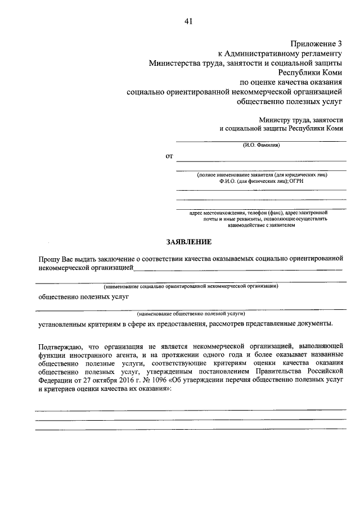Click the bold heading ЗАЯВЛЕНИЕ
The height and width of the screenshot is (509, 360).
188,242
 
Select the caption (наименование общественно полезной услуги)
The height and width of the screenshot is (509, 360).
191,312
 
